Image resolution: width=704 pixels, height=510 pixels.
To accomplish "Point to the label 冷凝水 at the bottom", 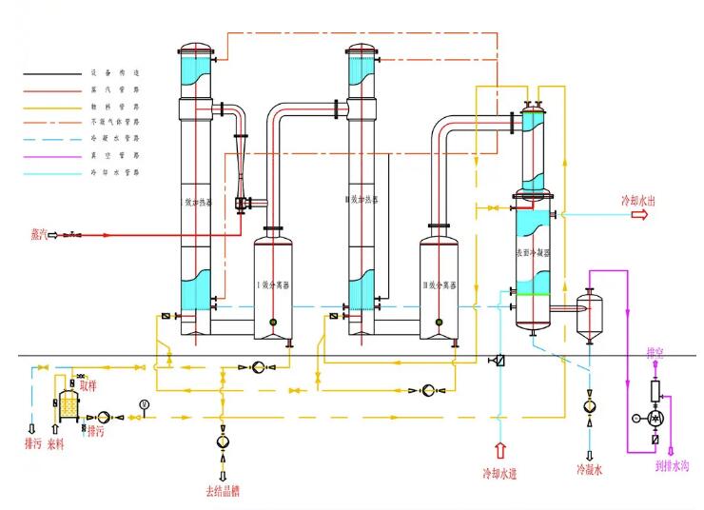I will point(589,470).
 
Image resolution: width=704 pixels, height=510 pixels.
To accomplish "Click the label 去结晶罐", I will point(223,491).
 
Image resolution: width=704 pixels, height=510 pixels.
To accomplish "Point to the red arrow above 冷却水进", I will point(500,446).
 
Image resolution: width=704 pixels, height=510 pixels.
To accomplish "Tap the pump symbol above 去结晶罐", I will point(223,441).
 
